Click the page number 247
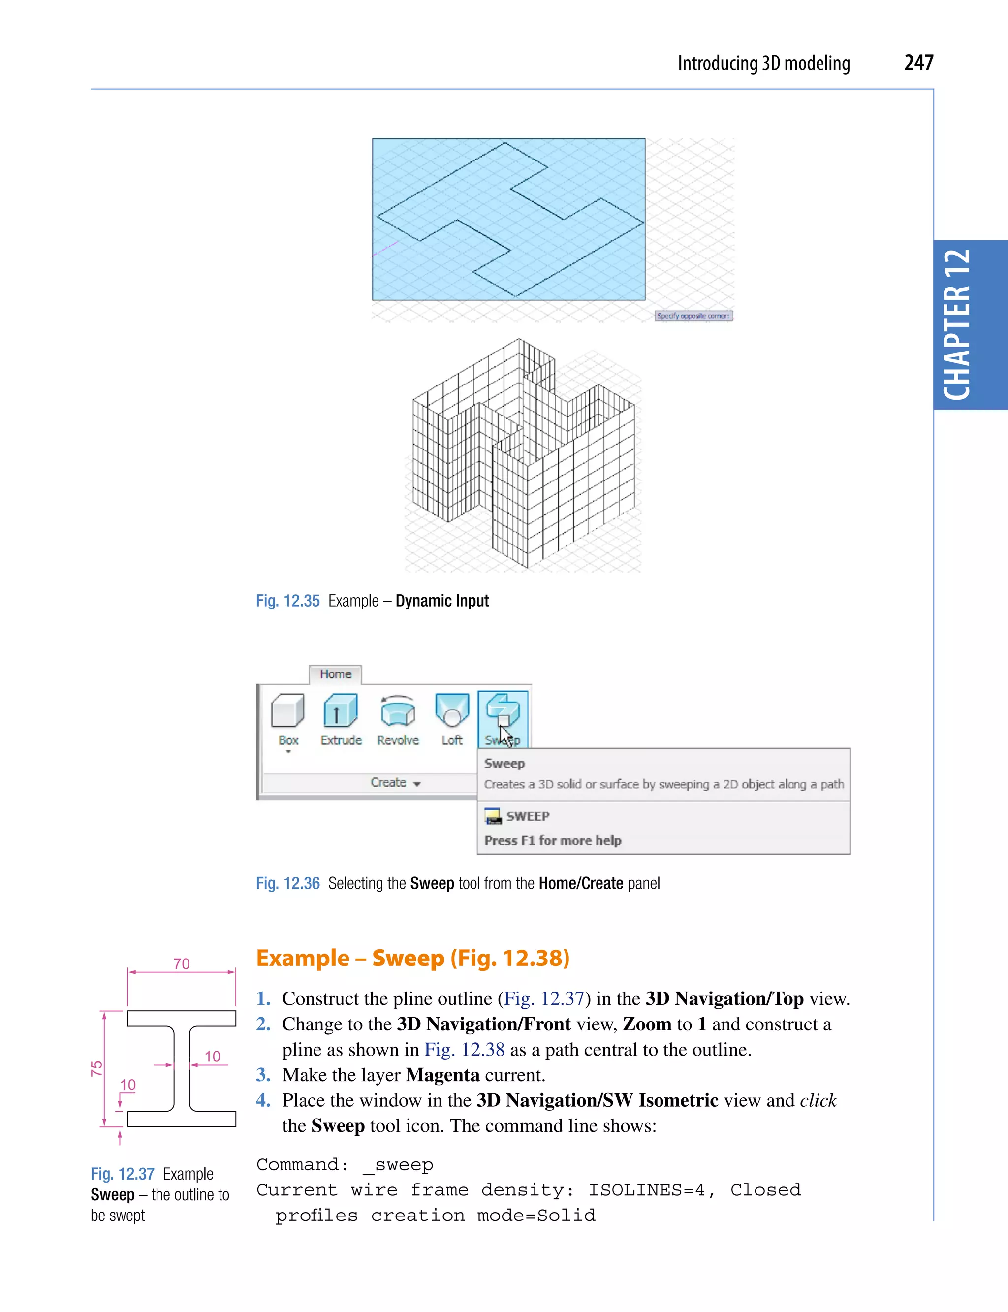(x=918, y=63)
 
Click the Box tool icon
(x=288, y=711)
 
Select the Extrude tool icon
(x=340, y=711)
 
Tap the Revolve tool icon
(x=397, y=711)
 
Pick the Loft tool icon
(x=452, y=711)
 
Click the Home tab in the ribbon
(x=335, y=674)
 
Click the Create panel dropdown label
(x=395, y=783)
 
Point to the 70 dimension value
(x=181, y=964)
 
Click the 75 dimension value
(x=96, y=1068)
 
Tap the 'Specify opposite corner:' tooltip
(x=693, y=316)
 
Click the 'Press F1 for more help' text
(x=553, y=840)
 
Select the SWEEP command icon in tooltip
(x=493, y=816)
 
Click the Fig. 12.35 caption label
(x=287, y=601)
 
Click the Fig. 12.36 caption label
(x=287, y=884)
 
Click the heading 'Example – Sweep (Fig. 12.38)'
(x=412, y=959)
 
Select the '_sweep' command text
(x=398, y=1165)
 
